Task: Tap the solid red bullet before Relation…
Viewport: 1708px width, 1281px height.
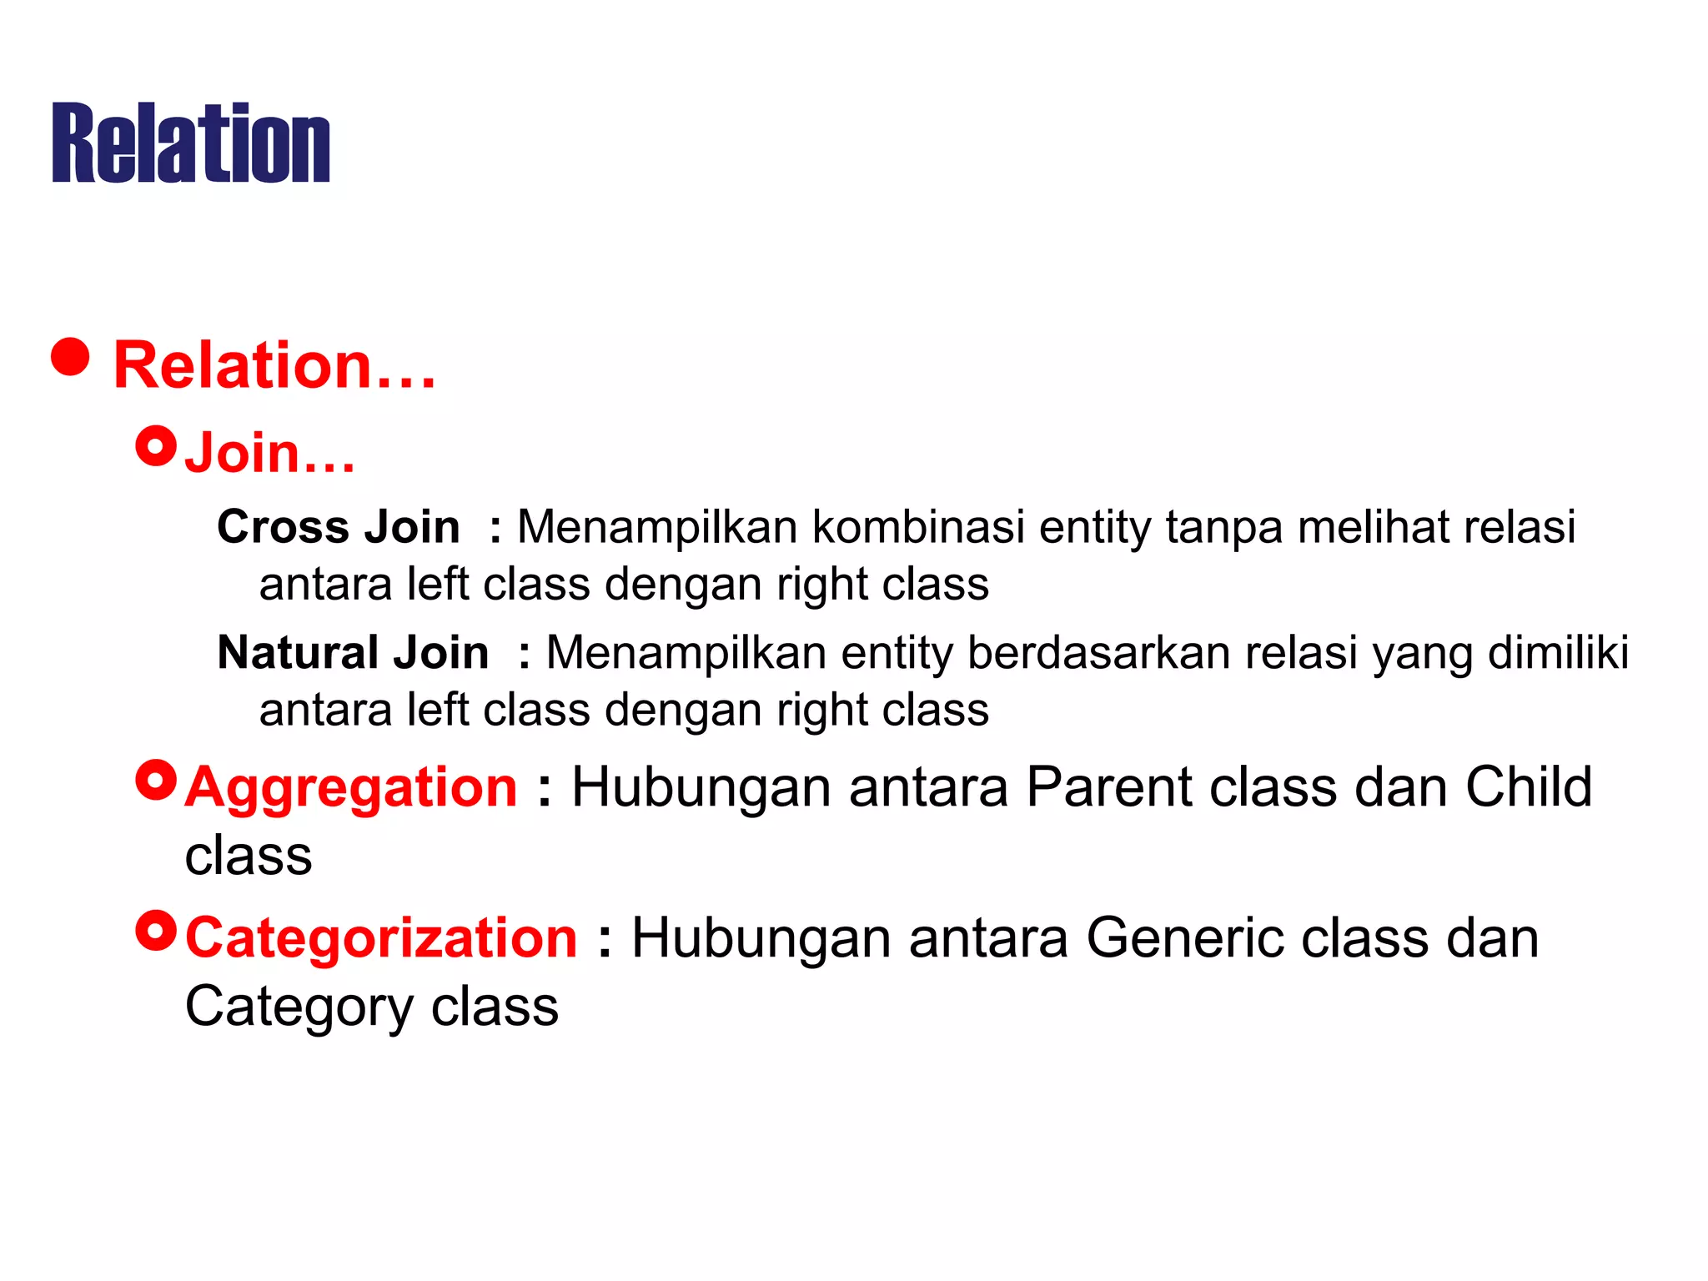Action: coord(70,357)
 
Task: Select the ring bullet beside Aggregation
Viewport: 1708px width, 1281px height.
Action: coord(156,780)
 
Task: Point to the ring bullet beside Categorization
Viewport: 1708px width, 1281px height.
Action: coord(156,931)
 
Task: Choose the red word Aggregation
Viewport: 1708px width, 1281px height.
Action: coord(351,787)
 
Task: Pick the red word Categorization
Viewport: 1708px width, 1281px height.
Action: coord(381,938)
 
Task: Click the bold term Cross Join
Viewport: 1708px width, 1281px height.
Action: coord(338,527)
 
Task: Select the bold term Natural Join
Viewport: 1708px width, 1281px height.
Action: coord(353,652)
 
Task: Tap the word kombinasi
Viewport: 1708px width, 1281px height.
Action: coord(918,527)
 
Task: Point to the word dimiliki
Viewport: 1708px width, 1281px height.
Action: coord(1558,652)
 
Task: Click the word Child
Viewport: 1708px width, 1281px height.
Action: coord(1529,787)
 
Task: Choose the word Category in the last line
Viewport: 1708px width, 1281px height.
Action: coord(299,1007)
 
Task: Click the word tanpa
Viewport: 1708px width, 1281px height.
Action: coord(1223,527)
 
